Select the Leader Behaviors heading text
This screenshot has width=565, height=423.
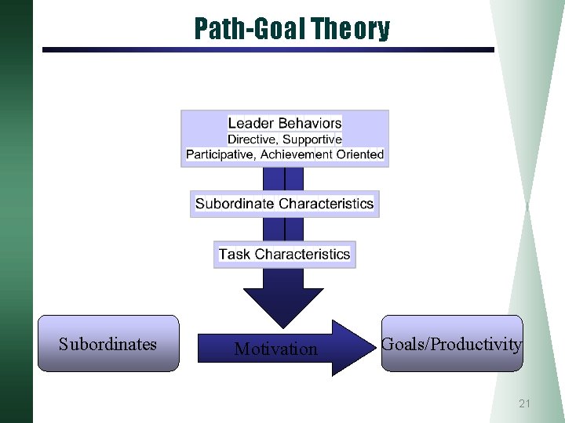click(285, 123)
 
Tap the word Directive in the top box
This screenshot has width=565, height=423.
click(252, 139)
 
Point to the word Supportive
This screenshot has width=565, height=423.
click(312, 139)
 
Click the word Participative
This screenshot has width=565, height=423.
click(220, 154)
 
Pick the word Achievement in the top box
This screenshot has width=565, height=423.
click(297, 154)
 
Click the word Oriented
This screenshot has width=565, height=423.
click(360, 154)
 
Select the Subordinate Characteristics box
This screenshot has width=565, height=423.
click(284, 204)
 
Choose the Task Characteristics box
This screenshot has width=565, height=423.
click(284, 255)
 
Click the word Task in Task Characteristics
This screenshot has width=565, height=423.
click(235, 255)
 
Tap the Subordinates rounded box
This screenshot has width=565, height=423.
click(108, 344)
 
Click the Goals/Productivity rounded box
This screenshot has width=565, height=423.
click(451, 344)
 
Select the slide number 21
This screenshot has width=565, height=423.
click(524, 403)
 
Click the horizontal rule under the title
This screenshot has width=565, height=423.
click(268, 49)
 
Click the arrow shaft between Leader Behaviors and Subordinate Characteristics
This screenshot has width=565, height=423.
click(283, 179)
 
